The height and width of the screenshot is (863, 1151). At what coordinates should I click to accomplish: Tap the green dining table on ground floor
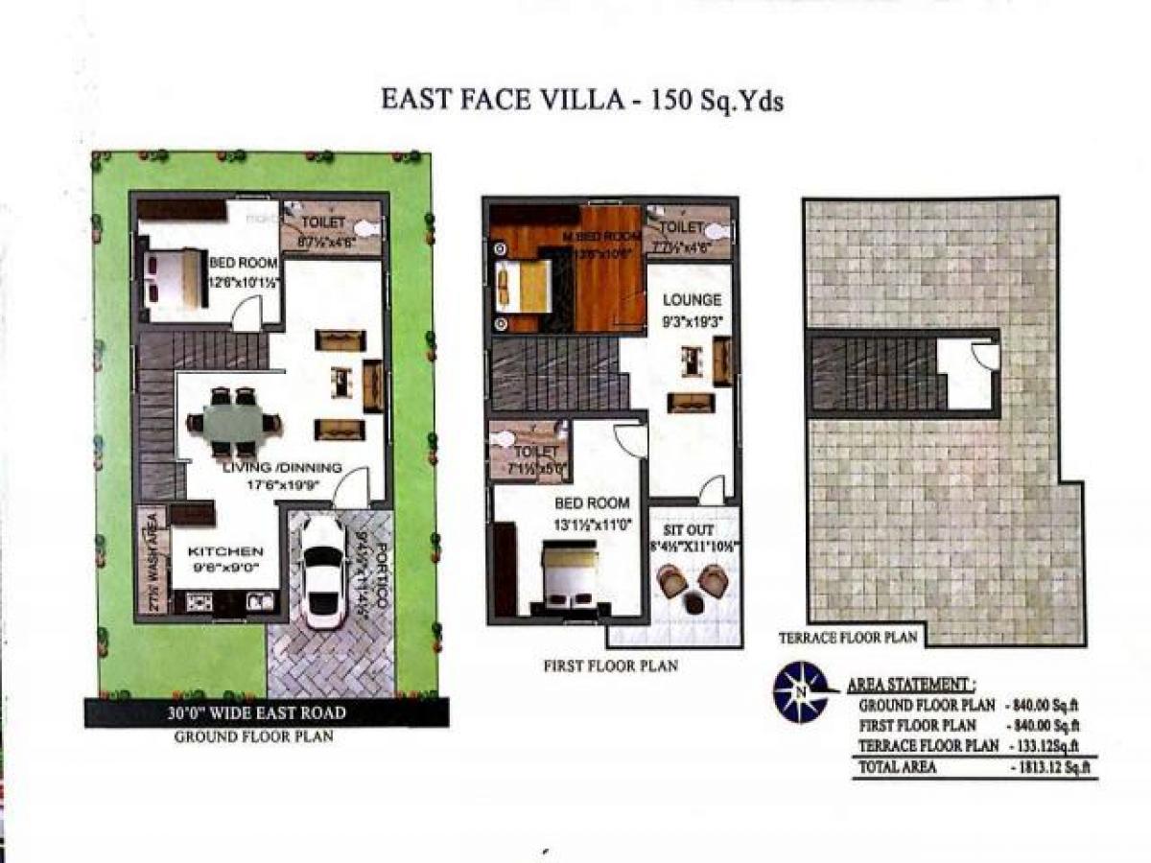point(233,422)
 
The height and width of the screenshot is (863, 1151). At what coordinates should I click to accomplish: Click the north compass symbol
point(800,692)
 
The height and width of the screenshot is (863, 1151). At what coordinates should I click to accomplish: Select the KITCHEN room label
point(225,551)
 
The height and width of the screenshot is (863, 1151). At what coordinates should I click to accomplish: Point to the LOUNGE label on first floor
point(691,300)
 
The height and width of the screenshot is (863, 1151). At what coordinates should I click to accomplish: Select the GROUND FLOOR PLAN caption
point(253,737)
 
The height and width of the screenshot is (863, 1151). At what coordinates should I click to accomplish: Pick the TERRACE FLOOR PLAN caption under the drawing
point(848,637)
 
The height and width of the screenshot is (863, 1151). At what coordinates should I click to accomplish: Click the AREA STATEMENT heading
point(911,686)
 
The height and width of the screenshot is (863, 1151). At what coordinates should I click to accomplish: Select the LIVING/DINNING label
point(282,468)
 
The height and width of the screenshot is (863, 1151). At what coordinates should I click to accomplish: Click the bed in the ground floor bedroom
point(173,278)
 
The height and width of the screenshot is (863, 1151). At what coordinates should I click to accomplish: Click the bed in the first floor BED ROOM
point(568,575)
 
